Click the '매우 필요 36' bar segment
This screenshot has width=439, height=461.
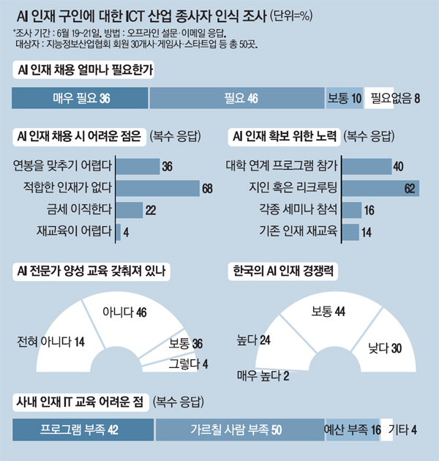80,97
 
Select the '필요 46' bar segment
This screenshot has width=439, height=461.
236,97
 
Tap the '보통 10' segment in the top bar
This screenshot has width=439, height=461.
344,97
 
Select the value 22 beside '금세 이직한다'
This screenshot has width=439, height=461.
151,211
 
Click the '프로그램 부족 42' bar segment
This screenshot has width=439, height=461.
82,429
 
